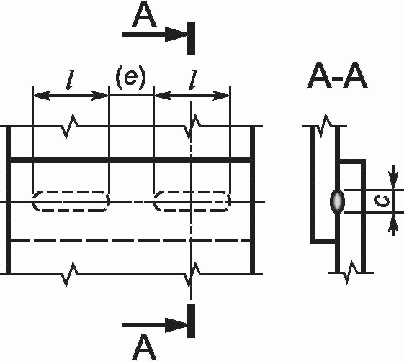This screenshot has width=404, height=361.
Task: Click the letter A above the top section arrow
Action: pyautogui.click(x=144, y=14)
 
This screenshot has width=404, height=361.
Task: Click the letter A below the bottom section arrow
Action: pyautogui.click(x=144, y=347)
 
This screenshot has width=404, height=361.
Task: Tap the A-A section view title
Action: pyautogui.click(x=337, y=76)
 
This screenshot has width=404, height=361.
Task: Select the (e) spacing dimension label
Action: pyautogui.click(x=130, y=78)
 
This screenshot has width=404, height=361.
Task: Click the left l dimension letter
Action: pyautogui.click(x=70, y=80)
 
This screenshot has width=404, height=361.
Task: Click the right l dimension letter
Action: pyautogui.click(x=193, y=80)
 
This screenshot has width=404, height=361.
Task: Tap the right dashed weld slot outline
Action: pyautogui.click(x=192, y=191)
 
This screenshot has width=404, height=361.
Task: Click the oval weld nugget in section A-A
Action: pyautogui.click(x=337, y=201)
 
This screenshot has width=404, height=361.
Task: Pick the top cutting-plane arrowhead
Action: pyautogui.click(x=176, y=35)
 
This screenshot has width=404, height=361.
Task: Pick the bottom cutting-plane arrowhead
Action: pyautogui.click(x=176, y=325)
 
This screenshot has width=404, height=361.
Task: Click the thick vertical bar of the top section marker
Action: pyautogui.click(x=191, y=38)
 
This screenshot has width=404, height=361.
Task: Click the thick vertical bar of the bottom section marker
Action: pyautogui.click(x=191, y=321)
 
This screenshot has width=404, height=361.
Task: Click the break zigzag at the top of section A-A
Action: pyautogui.click(x=324, y=126)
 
